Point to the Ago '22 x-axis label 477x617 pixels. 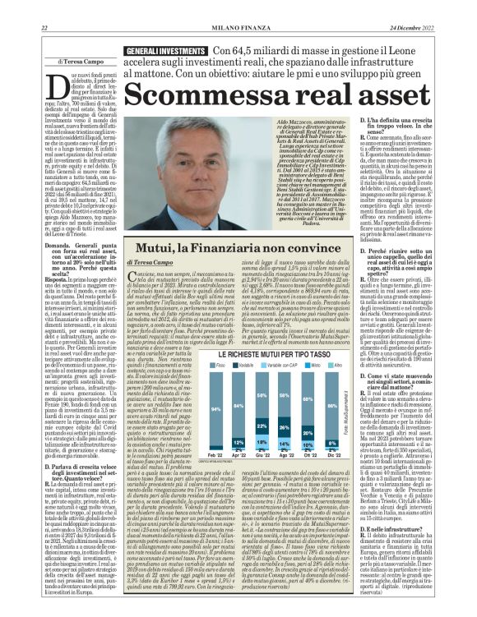(x=283, y=454)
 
